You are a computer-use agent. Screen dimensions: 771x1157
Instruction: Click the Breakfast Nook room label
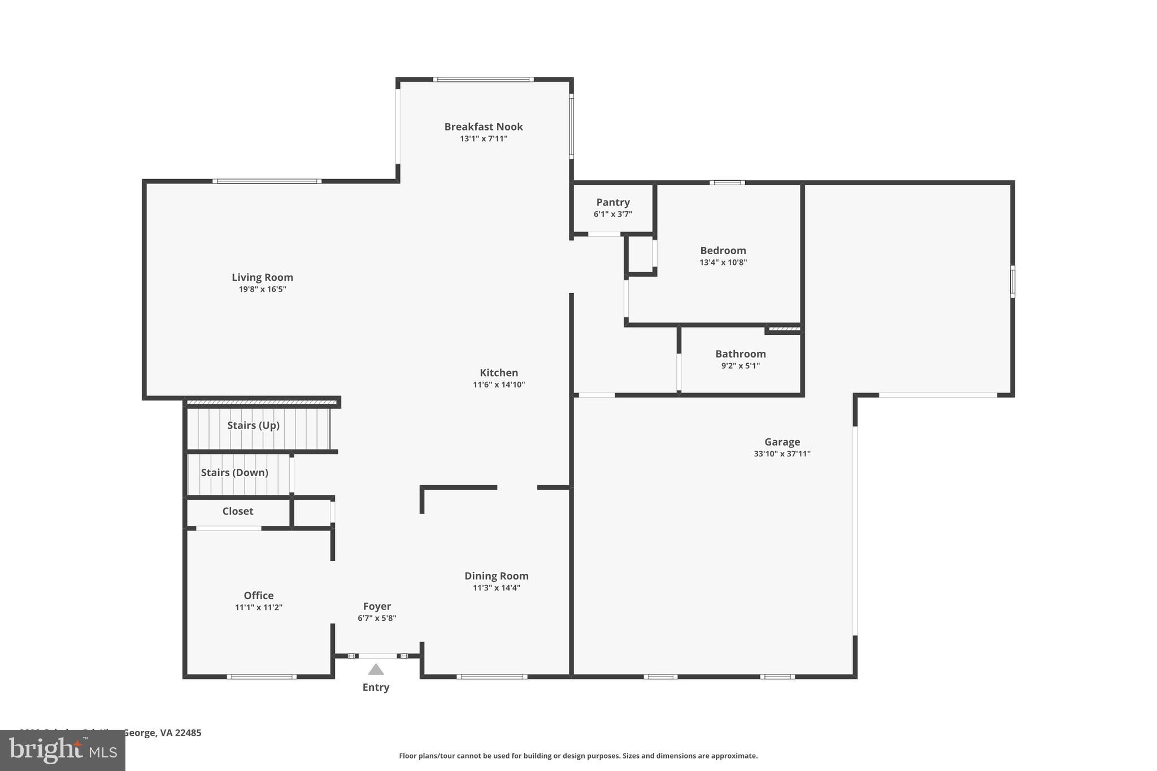pyautogui.click(x=483, y=127)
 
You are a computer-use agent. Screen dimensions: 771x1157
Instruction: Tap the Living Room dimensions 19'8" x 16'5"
pyautogui.click(x=262, y=289)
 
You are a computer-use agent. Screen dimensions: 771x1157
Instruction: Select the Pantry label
pyautogui.click(x=612, y=202)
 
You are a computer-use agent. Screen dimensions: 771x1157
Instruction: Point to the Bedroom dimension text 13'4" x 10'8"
pyautogui.click(x=723, y=262)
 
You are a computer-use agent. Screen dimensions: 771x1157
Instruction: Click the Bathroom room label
pyautogui.click(x=740, y=354)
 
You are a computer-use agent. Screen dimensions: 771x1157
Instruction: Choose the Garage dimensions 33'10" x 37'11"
pyautogui.click(x=782, y=454)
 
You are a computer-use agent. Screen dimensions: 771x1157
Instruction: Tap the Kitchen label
pyautogui.click(x=499, y=373)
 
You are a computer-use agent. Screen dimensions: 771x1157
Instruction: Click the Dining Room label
pyautogui.click(x=496, y=576)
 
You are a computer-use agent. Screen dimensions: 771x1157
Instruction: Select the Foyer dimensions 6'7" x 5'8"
pyautogui.click(x=377, y=618)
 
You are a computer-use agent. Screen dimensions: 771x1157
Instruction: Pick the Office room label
pyautogui.click(x=259, y=595)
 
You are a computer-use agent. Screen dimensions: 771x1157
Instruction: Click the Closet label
pyautogui.click(x=238, y=511)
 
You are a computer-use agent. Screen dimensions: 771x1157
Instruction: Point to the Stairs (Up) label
pyautogui.click(x=253, y=425)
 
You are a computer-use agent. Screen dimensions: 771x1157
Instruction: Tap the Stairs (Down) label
pyautogui.click(x=234, y=472)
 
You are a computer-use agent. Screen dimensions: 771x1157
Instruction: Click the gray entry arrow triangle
pyautogui.click(x=376, y=670)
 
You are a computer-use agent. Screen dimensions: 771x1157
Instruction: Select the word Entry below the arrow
pyautogui.click(x=376, y=687)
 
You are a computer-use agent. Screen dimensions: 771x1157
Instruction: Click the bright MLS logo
pyautogui.click(x=63, y=751)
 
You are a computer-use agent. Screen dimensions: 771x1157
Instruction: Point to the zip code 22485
pyautogui.click(x=188, y=733)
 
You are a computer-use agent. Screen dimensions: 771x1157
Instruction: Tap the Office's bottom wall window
pyautogui.click(x=262, y=676)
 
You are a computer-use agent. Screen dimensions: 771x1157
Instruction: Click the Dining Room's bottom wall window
pyautogui.click(x=491, y=676)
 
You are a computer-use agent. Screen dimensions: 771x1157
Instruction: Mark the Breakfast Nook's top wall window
pyautogui.click(x=483, y=80)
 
